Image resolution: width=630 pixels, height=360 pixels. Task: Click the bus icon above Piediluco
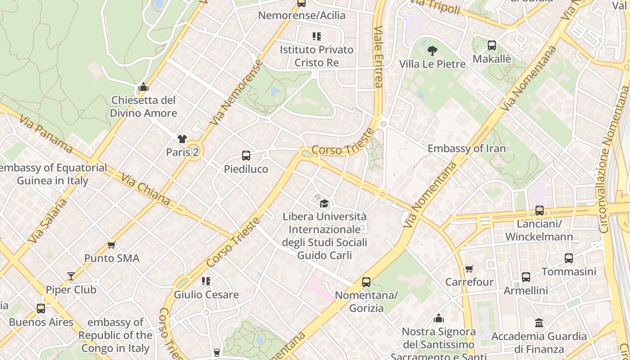tap(246, 156)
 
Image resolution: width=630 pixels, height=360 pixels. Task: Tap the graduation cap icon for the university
tap(324, 203)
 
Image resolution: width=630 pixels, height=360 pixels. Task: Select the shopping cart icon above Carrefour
tap(469, 269)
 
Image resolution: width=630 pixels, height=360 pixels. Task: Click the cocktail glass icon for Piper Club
tap(71, 276)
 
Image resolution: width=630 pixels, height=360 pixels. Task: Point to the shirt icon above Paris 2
tap(182, 139)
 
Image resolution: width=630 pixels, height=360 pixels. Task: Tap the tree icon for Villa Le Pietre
tap(432, 50)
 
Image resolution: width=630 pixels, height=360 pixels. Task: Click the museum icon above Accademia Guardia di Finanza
tap(539, 323)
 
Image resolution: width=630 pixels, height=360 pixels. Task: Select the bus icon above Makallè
tap(492, 45)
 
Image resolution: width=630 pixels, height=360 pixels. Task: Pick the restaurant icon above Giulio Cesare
tap(206, 281)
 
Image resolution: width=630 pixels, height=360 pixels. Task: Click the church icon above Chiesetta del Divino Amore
tap(144, 86)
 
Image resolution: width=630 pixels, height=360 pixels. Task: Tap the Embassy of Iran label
tap(467, 148)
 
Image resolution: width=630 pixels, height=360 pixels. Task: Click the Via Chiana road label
tap(145, 189)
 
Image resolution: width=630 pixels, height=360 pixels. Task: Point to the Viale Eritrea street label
tap(378, 56)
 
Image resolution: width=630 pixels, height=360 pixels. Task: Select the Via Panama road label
tap(46, 134)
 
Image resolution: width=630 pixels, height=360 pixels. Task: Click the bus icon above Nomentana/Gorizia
tap(366, 282)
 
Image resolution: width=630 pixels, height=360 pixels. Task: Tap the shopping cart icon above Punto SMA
tap(112, 245)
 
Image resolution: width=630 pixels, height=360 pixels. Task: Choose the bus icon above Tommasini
tap(569, 258)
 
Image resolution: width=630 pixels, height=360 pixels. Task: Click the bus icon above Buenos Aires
tap(41, 309)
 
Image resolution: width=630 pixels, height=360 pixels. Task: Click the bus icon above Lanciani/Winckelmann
tap(539, 210)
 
